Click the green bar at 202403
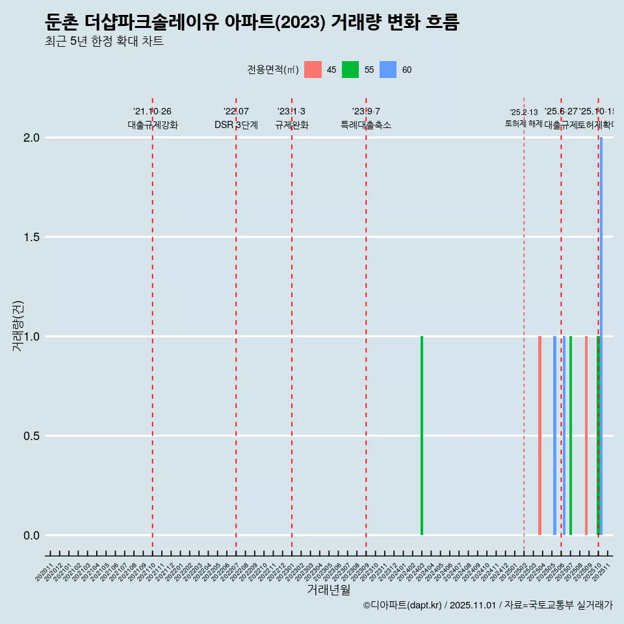point(422,435)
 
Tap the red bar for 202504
point(539,435)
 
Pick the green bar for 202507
point(571,435)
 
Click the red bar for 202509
point(586,435)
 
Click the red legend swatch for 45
point(313,70)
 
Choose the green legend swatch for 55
point(350,70)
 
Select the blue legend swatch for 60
point(388,70)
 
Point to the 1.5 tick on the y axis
point(31,237)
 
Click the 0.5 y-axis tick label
point(31,436)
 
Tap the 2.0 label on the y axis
point(31,138)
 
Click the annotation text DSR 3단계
point(236,125)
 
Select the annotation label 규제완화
point(292,125)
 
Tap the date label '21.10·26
point(152,112)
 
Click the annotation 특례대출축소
point(366,125)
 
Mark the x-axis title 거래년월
point(329,590)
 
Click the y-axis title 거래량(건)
point(18,326)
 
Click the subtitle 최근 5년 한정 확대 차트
point(104,42)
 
